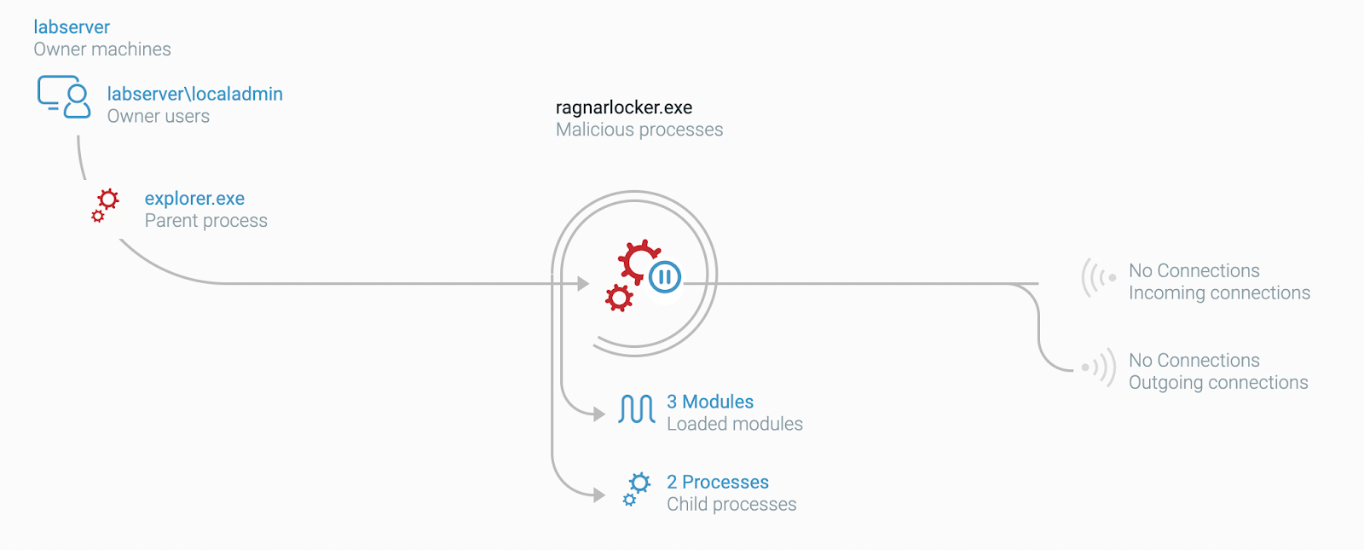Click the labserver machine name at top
(72, 27)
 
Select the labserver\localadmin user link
(194, 94)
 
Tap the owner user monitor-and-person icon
(64, 96)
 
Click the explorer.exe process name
(194, 199)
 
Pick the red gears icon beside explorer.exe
(106, 206)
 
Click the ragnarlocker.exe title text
(623, 107)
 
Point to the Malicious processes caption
(639, 130)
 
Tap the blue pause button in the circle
(665, 276)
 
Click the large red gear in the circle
(638, 260)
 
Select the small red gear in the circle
(619, 298)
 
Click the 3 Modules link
(710, 402)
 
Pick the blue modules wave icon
(637, 409)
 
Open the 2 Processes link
(717, 482)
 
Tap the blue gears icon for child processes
(636, 489)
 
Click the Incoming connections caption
(1219, 293)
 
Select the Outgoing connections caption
(1218, 383)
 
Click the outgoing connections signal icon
(1099, 368)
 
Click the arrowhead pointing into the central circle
(584, 283)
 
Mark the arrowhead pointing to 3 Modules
(599, 414)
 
